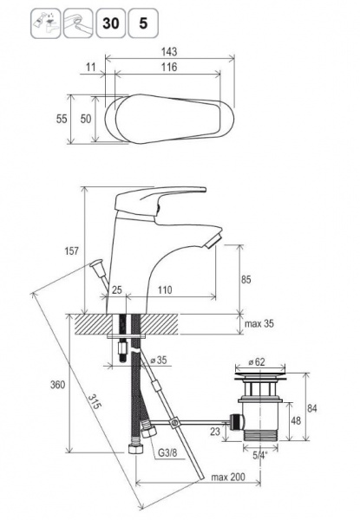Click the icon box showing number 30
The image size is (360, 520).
point(111,23)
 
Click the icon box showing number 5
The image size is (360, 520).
point(143,23)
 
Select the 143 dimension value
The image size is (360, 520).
point(169,52)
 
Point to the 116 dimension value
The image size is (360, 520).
point(169,67)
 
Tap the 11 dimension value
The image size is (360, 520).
point(90,67)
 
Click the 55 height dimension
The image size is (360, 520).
point(62,119)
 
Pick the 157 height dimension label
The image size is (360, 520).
point(71,250)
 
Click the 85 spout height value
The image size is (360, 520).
point(245,280)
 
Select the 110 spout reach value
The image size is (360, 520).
point(165,290)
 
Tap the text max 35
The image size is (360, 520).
point(259,323)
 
